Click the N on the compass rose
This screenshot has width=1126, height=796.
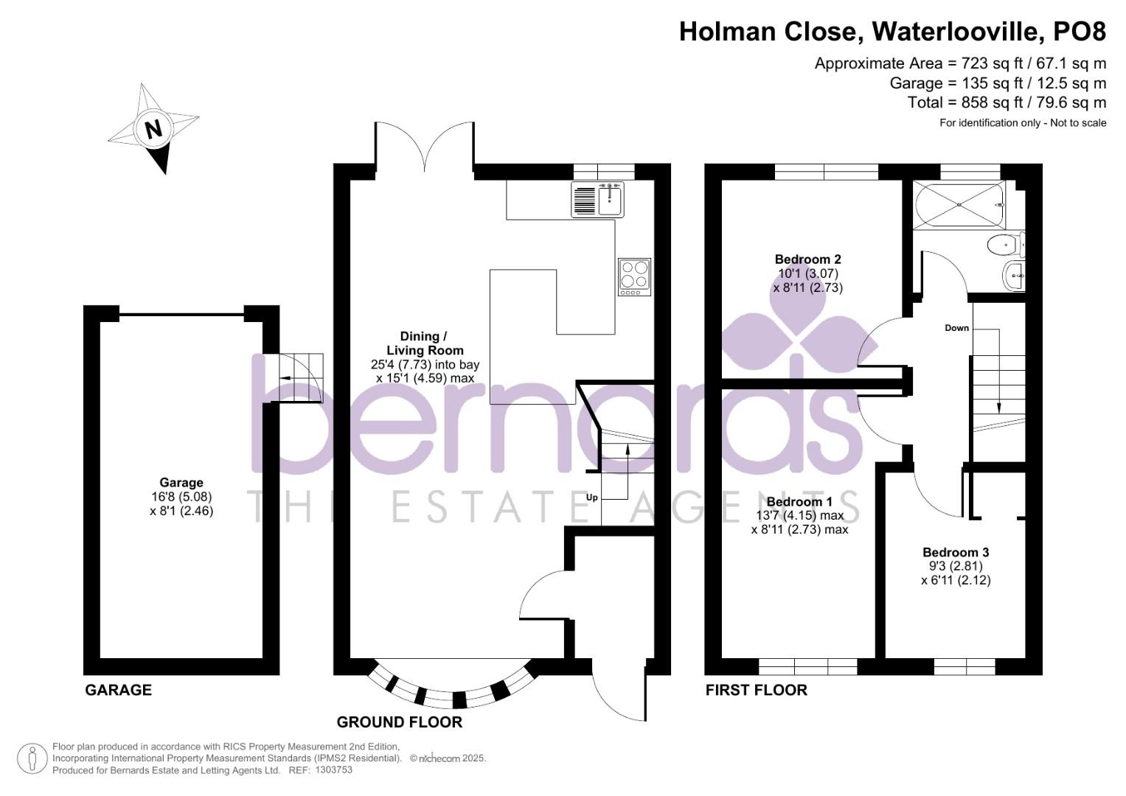click(153, 129)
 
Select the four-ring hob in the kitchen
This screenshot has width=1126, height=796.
click(634, 277)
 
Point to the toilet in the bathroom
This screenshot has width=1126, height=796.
click(1003, 244)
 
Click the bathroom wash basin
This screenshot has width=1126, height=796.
click(1015, 276)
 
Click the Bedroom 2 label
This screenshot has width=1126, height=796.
click(807, 259)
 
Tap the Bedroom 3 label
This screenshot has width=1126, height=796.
click(956, 552)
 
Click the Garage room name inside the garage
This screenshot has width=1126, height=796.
click(181, 483)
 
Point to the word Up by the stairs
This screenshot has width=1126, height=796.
click(591, 497)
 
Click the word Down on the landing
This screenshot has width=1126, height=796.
click(956, 328)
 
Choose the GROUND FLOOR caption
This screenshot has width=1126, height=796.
click(400, 722)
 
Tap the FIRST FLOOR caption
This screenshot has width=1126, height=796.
click(756, 690)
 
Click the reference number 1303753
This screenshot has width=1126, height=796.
click(333, 770)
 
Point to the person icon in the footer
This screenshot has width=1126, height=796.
click(32, 759)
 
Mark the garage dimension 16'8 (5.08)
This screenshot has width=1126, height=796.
click(181, 497)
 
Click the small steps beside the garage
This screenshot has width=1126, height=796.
click(299, 377)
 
